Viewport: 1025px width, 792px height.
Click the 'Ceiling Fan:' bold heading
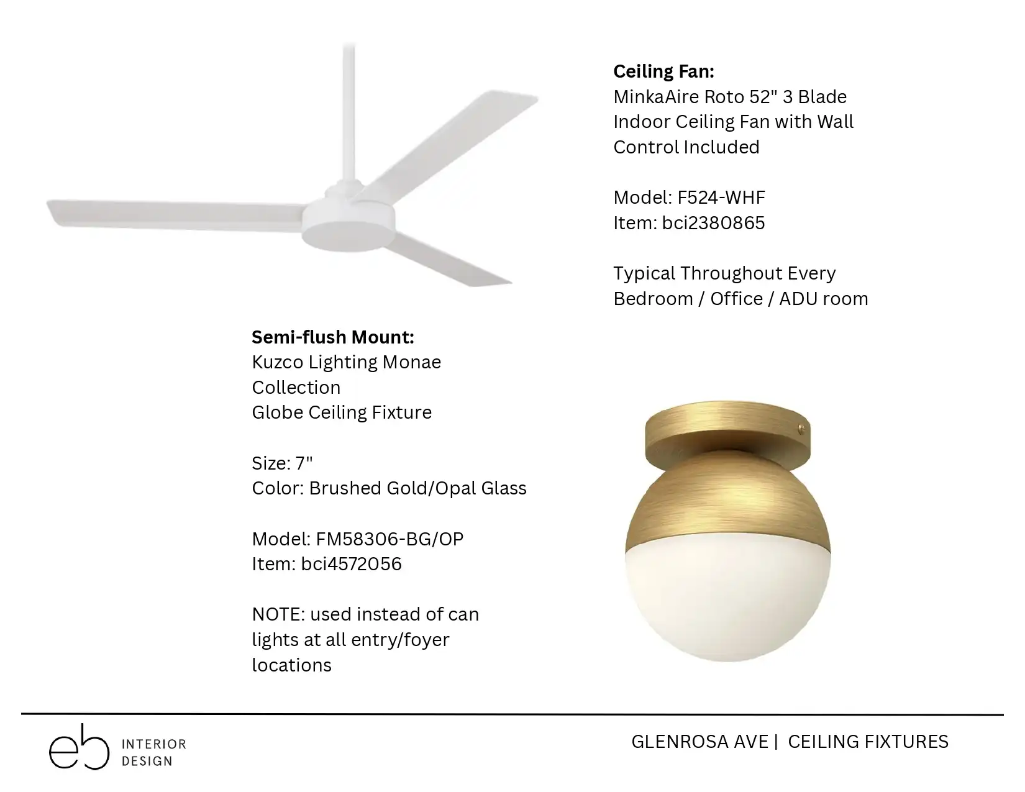coord(663,71)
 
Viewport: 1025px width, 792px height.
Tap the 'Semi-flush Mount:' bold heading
coord(332,337)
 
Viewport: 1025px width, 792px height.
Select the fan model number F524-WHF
coord(721,198)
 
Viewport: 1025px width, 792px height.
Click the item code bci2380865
coord(713,223)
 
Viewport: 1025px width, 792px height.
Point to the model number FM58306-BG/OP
coord(389,539)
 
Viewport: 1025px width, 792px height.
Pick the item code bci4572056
coord(352,564)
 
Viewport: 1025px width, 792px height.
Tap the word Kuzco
coord(277,362)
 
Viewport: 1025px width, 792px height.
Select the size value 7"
coord(304,463)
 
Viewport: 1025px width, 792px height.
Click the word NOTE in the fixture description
coord(279,614)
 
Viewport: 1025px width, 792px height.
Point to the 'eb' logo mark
coord(80,748)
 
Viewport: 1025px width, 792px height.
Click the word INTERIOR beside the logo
coord(154,744)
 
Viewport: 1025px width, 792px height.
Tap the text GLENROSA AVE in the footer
coord(700,742)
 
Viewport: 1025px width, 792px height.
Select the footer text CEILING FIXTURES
coord(868,742)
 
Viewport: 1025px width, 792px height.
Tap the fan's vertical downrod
coord(348,113)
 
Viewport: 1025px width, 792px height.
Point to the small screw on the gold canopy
coord(800,429)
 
